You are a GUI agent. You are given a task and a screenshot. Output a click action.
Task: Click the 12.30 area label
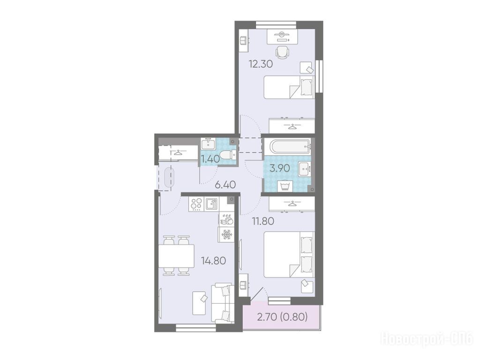(x=261, y=64)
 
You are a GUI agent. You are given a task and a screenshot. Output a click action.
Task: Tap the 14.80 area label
(x=213, y=261)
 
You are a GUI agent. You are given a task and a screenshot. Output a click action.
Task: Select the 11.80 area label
(x=262, y=221)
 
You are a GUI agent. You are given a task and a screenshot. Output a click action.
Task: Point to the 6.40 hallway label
(x=225, y=185)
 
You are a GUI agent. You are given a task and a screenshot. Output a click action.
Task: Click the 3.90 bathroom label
(x=279, y=168)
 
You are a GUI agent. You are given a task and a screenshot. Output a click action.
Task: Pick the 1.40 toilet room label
(x=210, y=159)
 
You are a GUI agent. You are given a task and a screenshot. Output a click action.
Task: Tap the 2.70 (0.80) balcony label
(x=282, y=317)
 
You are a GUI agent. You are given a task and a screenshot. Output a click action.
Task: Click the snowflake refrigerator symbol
(x=226, y=235)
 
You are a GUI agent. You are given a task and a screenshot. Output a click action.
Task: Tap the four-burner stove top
(x=196, y=203)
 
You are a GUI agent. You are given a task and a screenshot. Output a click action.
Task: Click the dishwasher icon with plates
(x=227, y=219)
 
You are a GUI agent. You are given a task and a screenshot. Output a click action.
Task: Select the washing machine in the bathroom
(x=285, y=186)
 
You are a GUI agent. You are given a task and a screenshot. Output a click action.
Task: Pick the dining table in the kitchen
(x=176, y=255)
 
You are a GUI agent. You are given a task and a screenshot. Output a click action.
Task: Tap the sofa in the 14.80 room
(x=223, y=303)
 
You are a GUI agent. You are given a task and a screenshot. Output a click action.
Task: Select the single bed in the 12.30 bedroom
(x=289, y=87)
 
